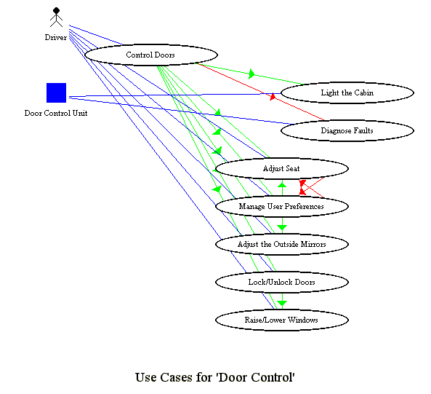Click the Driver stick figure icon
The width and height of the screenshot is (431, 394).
[56, 17]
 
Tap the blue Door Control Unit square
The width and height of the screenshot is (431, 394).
[57, 92]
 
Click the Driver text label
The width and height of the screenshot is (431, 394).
[56, 37]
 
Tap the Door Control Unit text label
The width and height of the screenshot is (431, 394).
[56, 113]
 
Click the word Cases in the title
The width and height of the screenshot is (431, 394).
[176, 377]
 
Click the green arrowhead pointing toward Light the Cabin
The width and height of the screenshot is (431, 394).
[251, 74]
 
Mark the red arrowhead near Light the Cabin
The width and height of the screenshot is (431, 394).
[273, 97]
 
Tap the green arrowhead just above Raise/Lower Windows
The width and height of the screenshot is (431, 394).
[282, 304]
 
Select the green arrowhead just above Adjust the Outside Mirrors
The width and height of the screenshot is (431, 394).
[282, 228]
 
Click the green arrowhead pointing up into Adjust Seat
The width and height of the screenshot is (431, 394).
[282, 184]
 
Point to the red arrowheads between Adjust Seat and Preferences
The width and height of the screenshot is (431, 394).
[302, 187]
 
